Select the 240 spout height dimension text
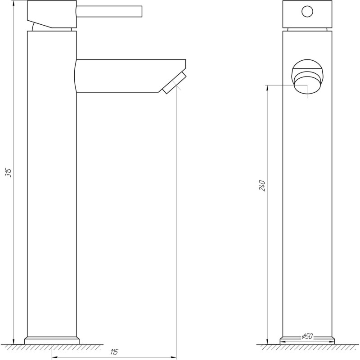(262, 185)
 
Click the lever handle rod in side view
(109, 10)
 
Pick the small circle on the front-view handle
(307, 11)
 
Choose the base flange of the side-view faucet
(52, 340)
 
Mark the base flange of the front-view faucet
(308, 341)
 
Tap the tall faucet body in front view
(308, 202)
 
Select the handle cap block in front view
(307, 14)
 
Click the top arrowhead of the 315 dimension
(14, 4)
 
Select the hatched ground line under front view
(308, 347)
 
